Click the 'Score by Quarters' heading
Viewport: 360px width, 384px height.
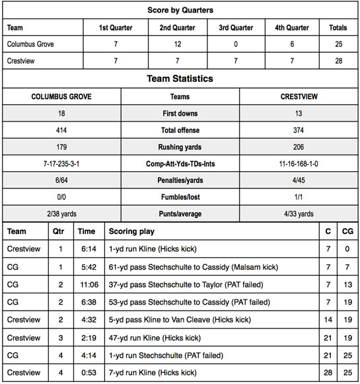[x=180, y=11]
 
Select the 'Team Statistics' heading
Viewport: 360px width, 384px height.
[x=180, y=79]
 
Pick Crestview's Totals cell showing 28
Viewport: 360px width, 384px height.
[x=338, y=61]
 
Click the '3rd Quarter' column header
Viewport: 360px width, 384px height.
[x=236, y=28]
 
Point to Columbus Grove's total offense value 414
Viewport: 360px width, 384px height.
[x=61, y=130]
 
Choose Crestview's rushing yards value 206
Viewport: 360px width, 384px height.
[x=299, y=147]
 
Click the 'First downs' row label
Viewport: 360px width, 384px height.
[x=180, y=114]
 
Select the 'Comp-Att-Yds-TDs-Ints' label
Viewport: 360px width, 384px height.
[x=180, y=163]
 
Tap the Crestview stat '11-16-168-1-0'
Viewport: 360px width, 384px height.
[x=299, y=163]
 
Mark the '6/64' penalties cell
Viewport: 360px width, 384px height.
[x=61, y=180]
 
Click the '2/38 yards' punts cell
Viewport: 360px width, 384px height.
[x=61, y=213]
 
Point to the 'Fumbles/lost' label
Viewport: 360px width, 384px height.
[x=180, y=197]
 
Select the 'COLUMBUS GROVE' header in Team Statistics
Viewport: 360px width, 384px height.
[x=61, y=96]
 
